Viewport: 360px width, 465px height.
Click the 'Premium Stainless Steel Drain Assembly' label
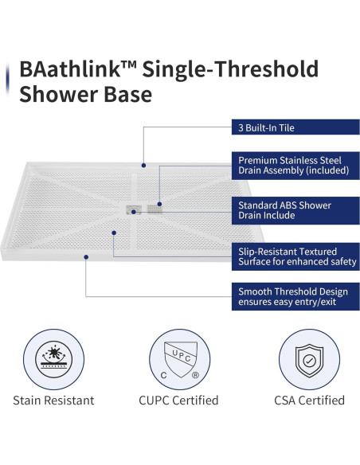click(x=294, y=165)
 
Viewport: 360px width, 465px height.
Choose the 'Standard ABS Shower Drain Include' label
click(x=294, y=210)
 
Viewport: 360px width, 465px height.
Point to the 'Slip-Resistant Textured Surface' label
click(x=294, y=256)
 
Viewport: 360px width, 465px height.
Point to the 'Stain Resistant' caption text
click(x=53, y=401)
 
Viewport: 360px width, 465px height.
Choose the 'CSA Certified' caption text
click(x=307, y=401)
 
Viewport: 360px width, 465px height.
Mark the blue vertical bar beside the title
click(x=7, y=80)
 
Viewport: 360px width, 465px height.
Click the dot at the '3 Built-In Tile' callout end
click(x=144, y=166)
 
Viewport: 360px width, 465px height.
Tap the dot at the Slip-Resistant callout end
click(x=115, y=232)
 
